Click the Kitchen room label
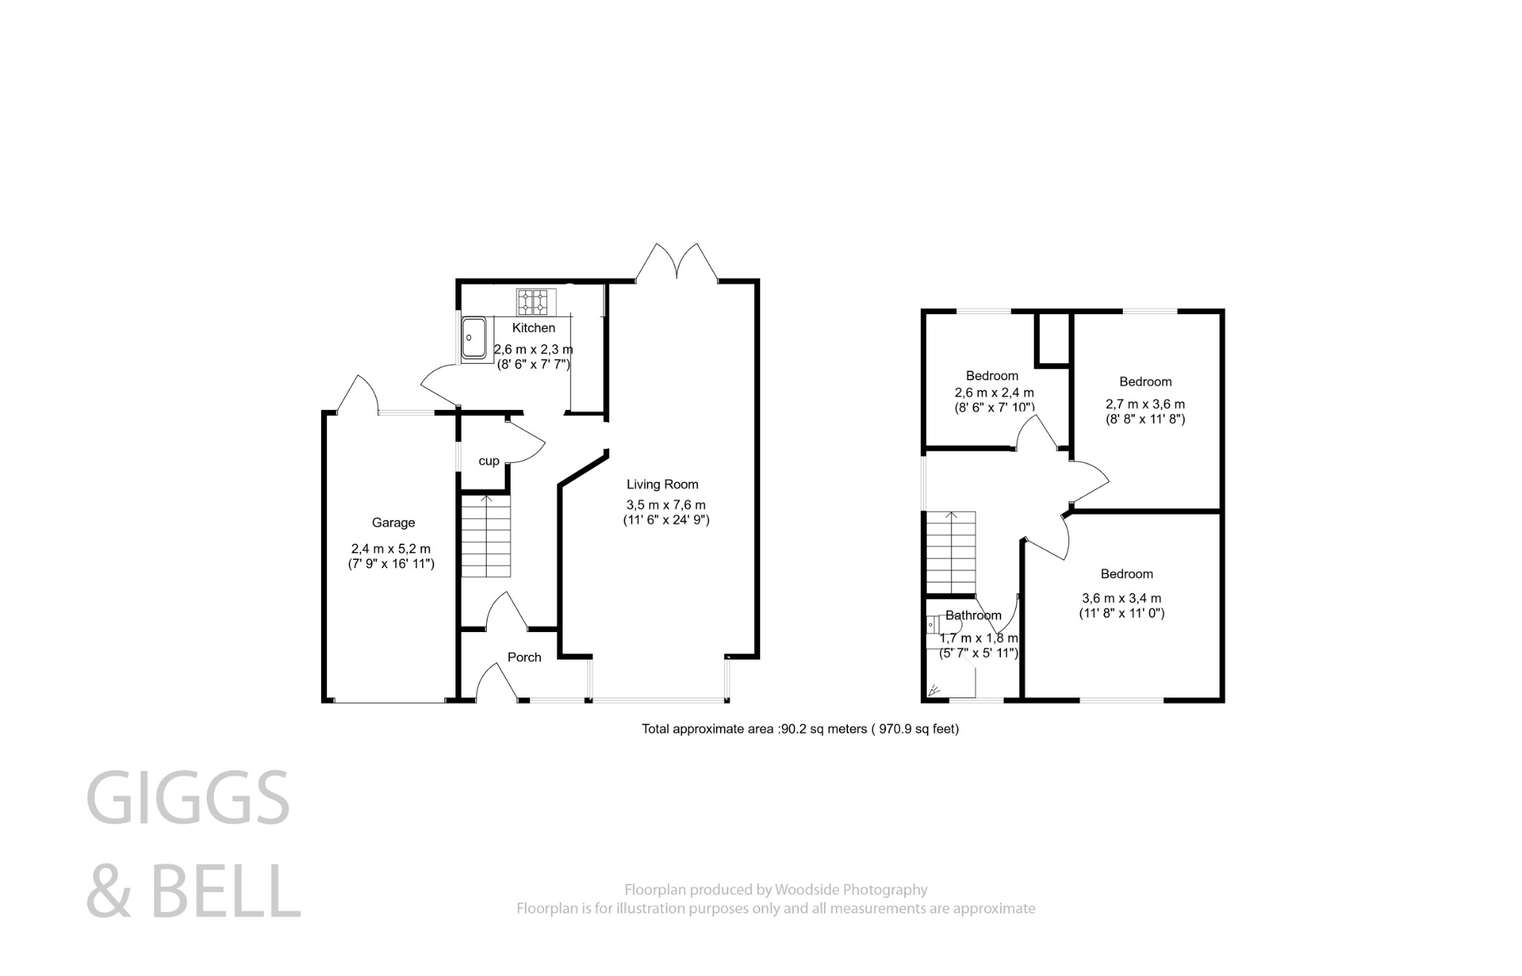tap(534, 328)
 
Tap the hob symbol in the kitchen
tap(536, 301)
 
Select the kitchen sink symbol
tap(473, 339)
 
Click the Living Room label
tap(662, 484)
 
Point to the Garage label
tap(393, 523)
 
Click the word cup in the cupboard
tap(488, 461)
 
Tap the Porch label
tap(524, 657)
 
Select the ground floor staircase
tap(487, 536)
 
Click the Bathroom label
tap(973, 616)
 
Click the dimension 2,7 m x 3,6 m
tap(1145, 405)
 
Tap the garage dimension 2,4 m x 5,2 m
tap(391, 549)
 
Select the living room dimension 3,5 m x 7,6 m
tap(666, 505)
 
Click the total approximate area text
tap(800, 729)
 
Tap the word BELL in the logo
tap(227, 892)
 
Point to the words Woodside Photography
tap(851, 889)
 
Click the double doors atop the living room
tap(677, 264)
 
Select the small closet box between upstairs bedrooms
tap(1052, 339)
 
